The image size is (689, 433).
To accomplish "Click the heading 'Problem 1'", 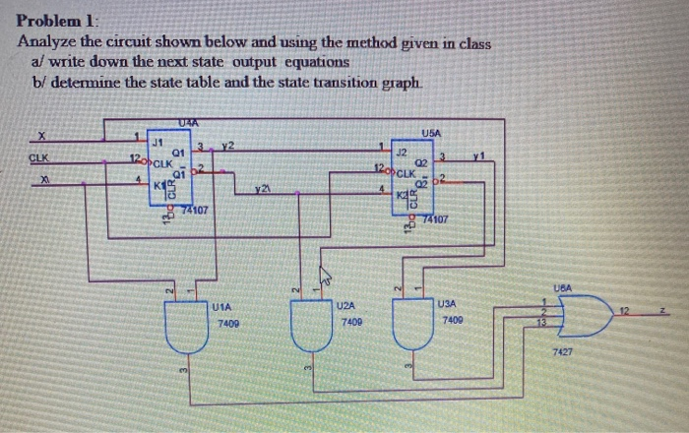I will coord(58,21).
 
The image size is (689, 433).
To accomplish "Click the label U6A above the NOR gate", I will coord(563,287).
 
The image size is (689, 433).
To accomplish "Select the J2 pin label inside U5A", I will coord(402,151).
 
